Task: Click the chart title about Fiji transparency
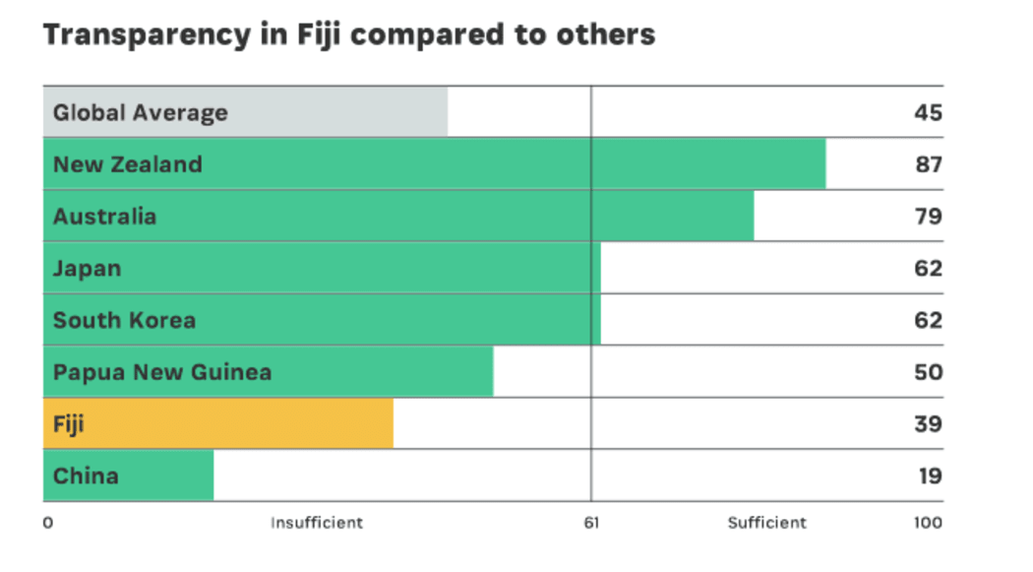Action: [349, 35]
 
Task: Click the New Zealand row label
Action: [128, 164]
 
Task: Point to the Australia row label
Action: [104, 217]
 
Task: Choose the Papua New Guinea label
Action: [162, 372]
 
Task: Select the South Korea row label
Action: [124, 320]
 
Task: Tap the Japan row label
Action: [87, 268]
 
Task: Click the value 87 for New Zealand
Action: [928, 164]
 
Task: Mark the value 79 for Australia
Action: [928, 217]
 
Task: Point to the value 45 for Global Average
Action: [928, 112]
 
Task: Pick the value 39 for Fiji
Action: [928, 424]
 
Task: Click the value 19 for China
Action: [928, 477]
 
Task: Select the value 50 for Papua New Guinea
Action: [928, 372]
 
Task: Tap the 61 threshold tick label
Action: [591, 523]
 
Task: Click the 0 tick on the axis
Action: [47, 523]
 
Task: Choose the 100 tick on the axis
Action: [927, 523]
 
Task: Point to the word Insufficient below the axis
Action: [317, 523]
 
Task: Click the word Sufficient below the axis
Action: [766, 523]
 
